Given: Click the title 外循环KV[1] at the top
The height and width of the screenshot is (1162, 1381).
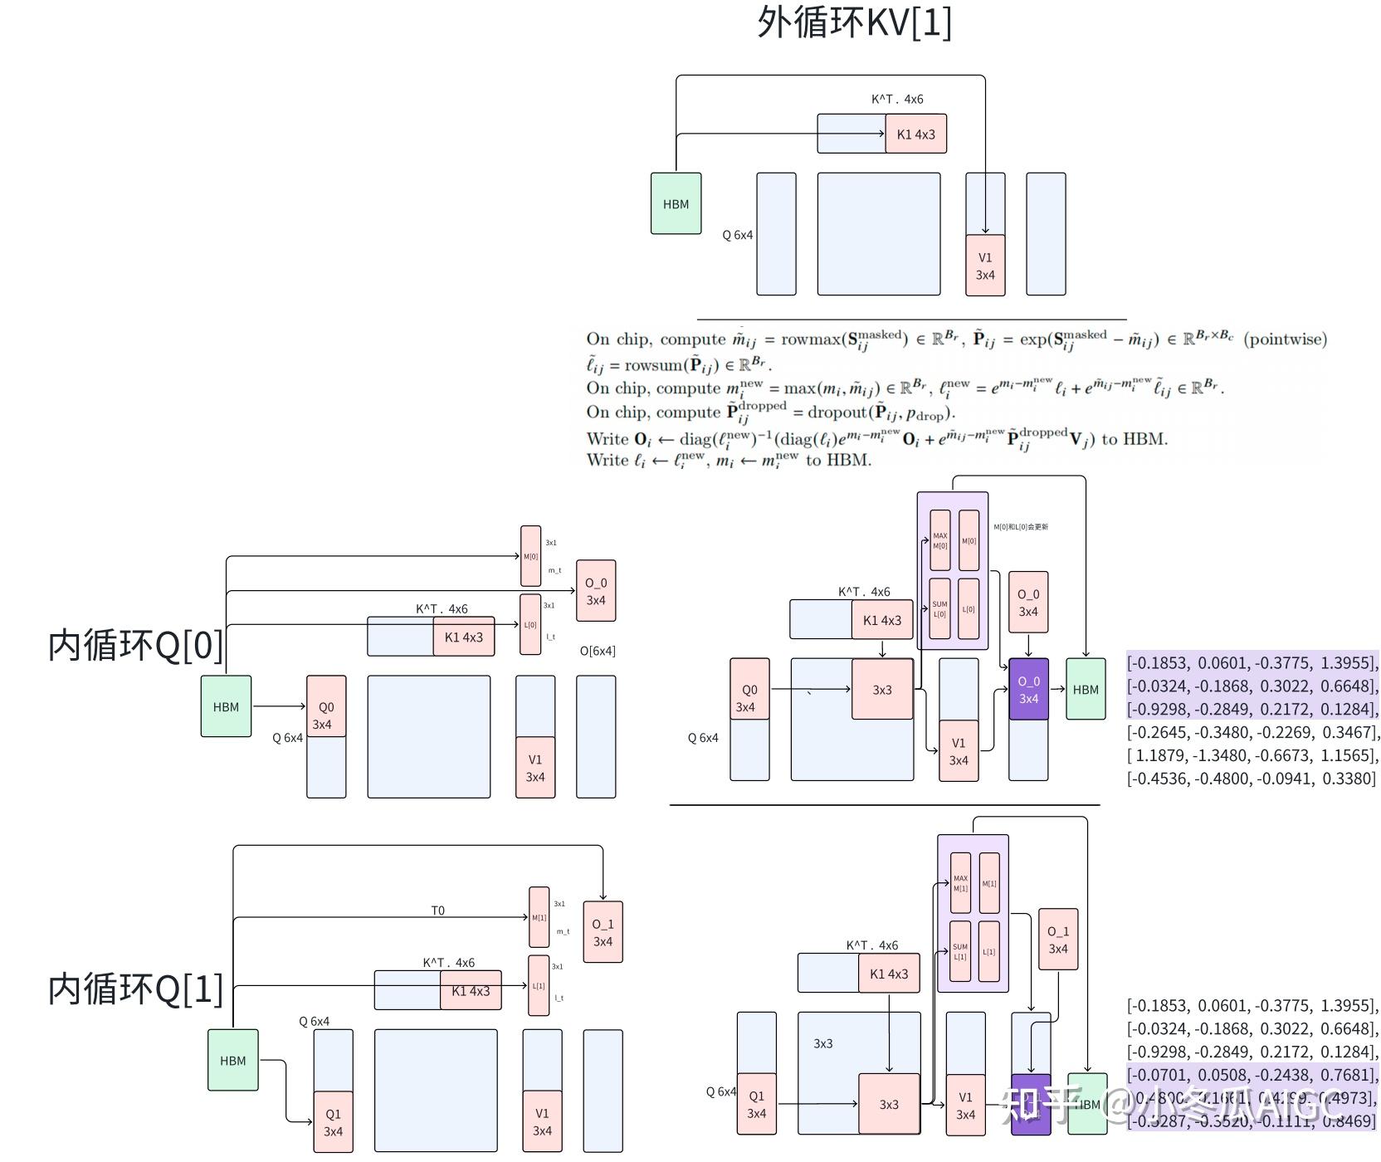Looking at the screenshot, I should [854, 22].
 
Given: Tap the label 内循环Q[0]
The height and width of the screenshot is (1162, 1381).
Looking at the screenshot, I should [135, 645].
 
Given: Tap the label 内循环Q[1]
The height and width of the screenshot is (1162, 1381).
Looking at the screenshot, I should [135, 989].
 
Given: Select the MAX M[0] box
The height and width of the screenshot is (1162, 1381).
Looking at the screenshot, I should [939, 540].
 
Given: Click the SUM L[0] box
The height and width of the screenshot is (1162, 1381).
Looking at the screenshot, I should [939, 608].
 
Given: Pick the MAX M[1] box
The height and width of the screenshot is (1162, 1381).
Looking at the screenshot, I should [960, 882].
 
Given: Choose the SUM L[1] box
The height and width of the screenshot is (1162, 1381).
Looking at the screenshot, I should [960, 951].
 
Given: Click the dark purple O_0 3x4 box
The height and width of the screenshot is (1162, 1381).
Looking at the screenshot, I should [1028, 689].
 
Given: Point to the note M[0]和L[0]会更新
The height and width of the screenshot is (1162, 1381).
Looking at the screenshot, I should [1021, 527].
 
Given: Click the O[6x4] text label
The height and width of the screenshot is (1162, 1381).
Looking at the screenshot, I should [598, 651].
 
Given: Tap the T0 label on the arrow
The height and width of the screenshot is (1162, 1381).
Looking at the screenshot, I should [437, 911].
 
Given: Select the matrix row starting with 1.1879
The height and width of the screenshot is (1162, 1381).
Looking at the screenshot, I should [1252, 755].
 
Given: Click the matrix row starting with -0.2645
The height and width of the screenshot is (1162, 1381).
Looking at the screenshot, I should [1252, 732].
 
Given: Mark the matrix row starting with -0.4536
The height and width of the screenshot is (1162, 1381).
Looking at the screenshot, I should [1252, 779].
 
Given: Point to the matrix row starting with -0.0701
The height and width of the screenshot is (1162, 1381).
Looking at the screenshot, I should [1252, 1075].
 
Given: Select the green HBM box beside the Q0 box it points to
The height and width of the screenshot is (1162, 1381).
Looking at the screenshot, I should [226, 706].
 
